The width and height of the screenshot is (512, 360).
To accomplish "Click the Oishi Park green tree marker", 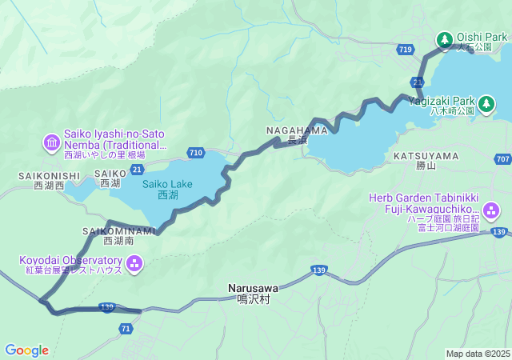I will pyautogui.click(x=445, y=39).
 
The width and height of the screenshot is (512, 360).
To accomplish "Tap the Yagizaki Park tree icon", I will pyautogui.click(x=486, y=102).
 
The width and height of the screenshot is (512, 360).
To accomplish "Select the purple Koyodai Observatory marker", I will pyautogui.click(x=134, y=262).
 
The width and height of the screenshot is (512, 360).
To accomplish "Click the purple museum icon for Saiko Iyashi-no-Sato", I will pyautogui.click(x=52, y=142).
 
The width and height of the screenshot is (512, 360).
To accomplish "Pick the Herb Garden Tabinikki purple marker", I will pyautogui.click(x=490, y=210).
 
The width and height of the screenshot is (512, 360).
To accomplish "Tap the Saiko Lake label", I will pyautogui.click(x=166, y=189).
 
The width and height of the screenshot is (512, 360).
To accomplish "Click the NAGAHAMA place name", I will pyautogui.click(x=297, y=130).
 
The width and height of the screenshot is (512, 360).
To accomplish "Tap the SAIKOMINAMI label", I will pyautogui.click(x=113, y=231).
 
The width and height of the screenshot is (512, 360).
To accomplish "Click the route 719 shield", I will pyautogui.click(x=405, y=50).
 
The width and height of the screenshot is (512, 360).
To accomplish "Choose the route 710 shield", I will pyautogui.click(x=196, y=152).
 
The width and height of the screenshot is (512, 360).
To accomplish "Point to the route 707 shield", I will pyautogui.click(x=502, y=160).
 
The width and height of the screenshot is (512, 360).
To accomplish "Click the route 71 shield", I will pyautogui.click(x=126, y=329).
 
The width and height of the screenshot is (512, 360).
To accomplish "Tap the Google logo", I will pyautogui.click(x=26, y=350).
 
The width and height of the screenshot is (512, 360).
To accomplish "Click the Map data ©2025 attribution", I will pyautogui.click(x=477, y=354).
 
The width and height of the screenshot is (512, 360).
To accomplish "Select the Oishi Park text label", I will pyautogui.click(x=482, y=38).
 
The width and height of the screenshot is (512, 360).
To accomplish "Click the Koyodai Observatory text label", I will pyautogui.click(x=71, y=261).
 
